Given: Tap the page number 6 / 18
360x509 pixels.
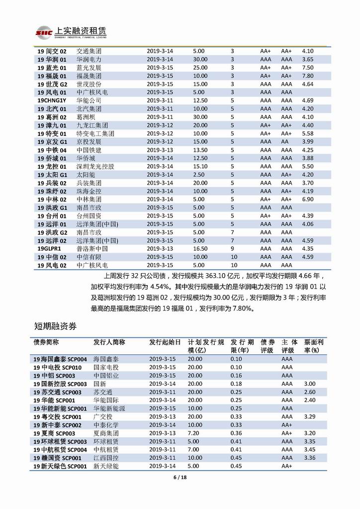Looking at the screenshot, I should tap(180, 479).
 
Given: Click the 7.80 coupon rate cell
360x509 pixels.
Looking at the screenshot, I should tap(308, 76).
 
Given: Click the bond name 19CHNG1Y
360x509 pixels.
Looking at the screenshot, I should tap(52, 100).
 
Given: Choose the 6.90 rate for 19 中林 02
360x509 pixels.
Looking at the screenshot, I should tap(308, 199).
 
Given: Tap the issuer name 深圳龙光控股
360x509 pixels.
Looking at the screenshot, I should tap(95, 166).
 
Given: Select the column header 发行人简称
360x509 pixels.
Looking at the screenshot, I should tap(109, 342).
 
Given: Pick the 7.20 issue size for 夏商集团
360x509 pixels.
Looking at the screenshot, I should tap(195, 433).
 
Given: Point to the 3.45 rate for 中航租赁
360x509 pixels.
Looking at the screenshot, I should tap(310, 450).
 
